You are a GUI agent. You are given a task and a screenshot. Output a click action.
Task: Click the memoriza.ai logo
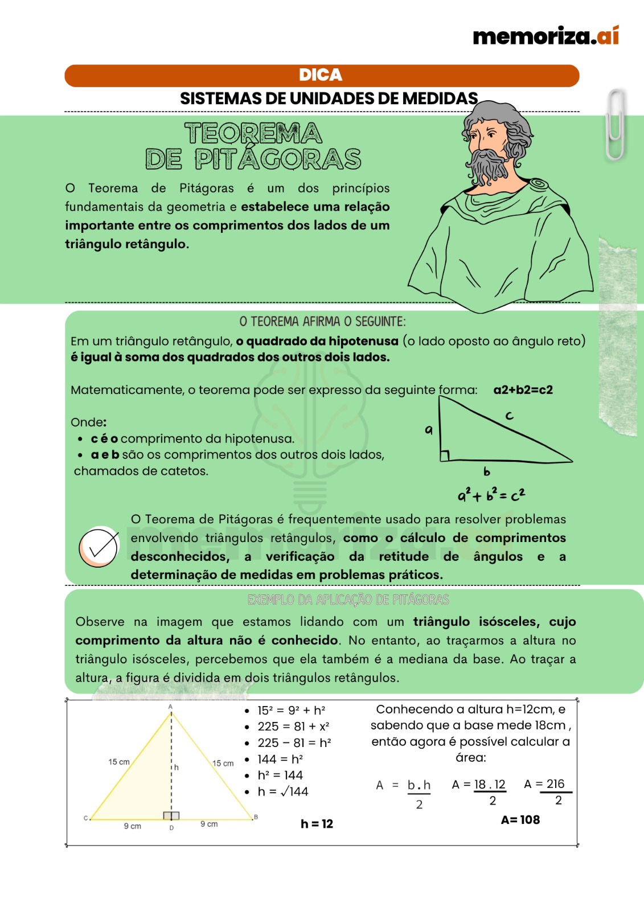pos(545,36)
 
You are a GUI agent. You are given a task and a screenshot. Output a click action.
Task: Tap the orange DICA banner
pos(321,75)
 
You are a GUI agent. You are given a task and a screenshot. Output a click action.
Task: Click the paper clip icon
pos(615,125)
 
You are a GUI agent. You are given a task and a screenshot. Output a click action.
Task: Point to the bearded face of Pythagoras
pos(487,142)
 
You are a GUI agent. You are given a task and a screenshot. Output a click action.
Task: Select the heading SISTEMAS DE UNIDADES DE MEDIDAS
pos(329,99)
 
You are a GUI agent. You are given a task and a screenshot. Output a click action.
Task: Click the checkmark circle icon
pos(99,547)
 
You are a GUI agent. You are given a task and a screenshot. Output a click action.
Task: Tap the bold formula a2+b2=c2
pos(523,390)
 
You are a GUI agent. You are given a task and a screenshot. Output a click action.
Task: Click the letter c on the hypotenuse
pos(509,416)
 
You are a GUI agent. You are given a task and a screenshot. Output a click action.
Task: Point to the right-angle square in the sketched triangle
pos(444,455)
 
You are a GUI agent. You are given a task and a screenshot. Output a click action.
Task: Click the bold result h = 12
pos(317,823)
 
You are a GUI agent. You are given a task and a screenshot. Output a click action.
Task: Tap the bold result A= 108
pos(520,819)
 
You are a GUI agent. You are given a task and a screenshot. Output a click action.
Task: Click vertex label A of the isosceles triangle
pos(170,707)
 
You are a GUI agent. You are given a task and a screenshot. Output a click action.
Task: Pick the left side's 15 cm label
pos(119,762)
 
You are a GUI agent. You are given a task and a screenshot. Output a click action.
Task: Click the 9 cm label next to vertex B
pos(209,824)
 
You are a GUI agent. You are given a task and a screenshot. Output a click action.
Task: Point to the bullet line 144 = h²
pos(280,759)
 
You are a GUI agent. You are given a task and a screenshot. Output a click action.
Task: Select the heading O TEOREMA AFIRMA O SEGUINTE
pos(322,322)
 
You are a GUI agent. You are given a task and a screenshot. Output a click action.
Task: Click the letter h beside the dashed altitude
pos(177,768)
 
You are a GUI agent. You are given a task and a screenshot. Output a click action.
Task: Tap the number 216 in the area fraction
pos(555,784)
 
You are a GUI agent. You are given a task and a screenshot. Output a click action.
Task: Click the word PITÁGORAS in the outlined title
pos(278,159)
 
